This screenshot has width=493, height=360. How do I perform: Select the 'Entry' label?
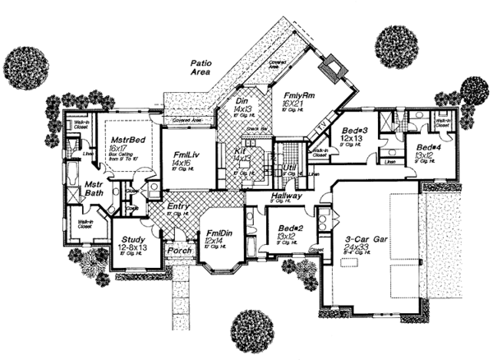pos(179,206)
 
